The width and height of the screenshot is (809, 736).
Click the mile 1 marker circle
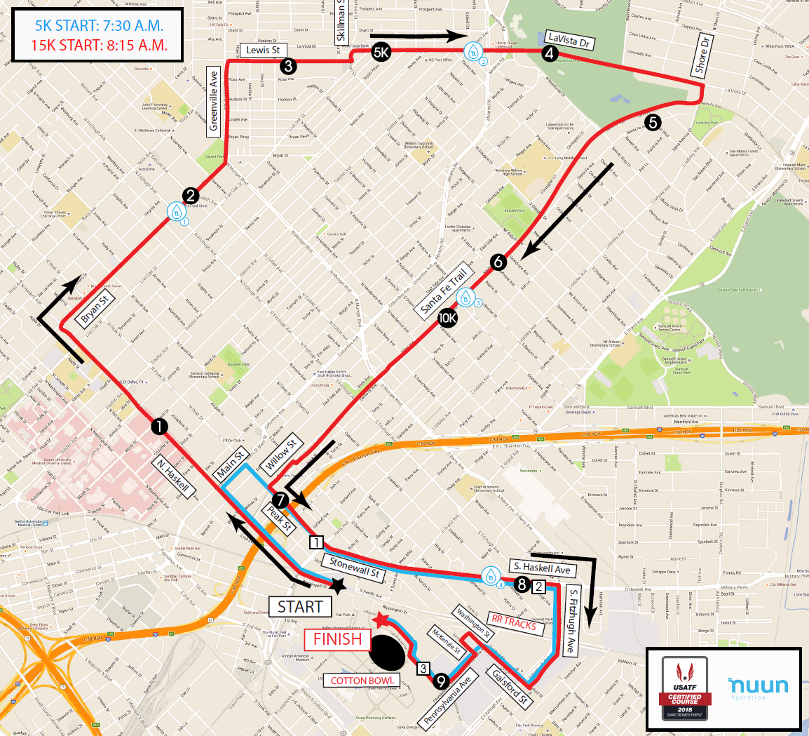click(158, 426)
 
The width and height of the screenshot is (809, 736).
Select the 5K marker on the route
click(380, 51)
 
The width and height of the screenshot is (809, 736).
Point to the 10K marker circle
click(447, 318)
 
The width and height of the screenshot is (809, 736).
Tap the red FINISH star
click(381, 620)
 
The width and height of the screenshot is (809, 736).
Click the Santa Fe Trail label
click(444, 290)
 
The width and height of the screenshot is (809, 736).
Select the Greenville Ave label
click(214, 100)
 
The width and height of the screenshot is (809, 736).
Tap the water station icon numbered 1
click(177, 210)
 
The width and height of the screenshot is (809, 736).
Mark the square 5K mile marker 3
click(423, 668)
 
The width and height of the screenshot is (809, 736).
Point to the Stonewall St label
click(355, 567)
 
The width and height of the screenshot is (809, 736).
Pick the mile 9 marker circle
click(441, 680)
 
